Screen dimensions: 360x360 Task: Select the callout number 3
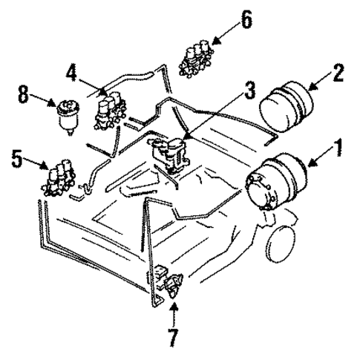250,93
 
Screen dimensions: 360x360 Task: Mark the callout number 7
173,338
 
